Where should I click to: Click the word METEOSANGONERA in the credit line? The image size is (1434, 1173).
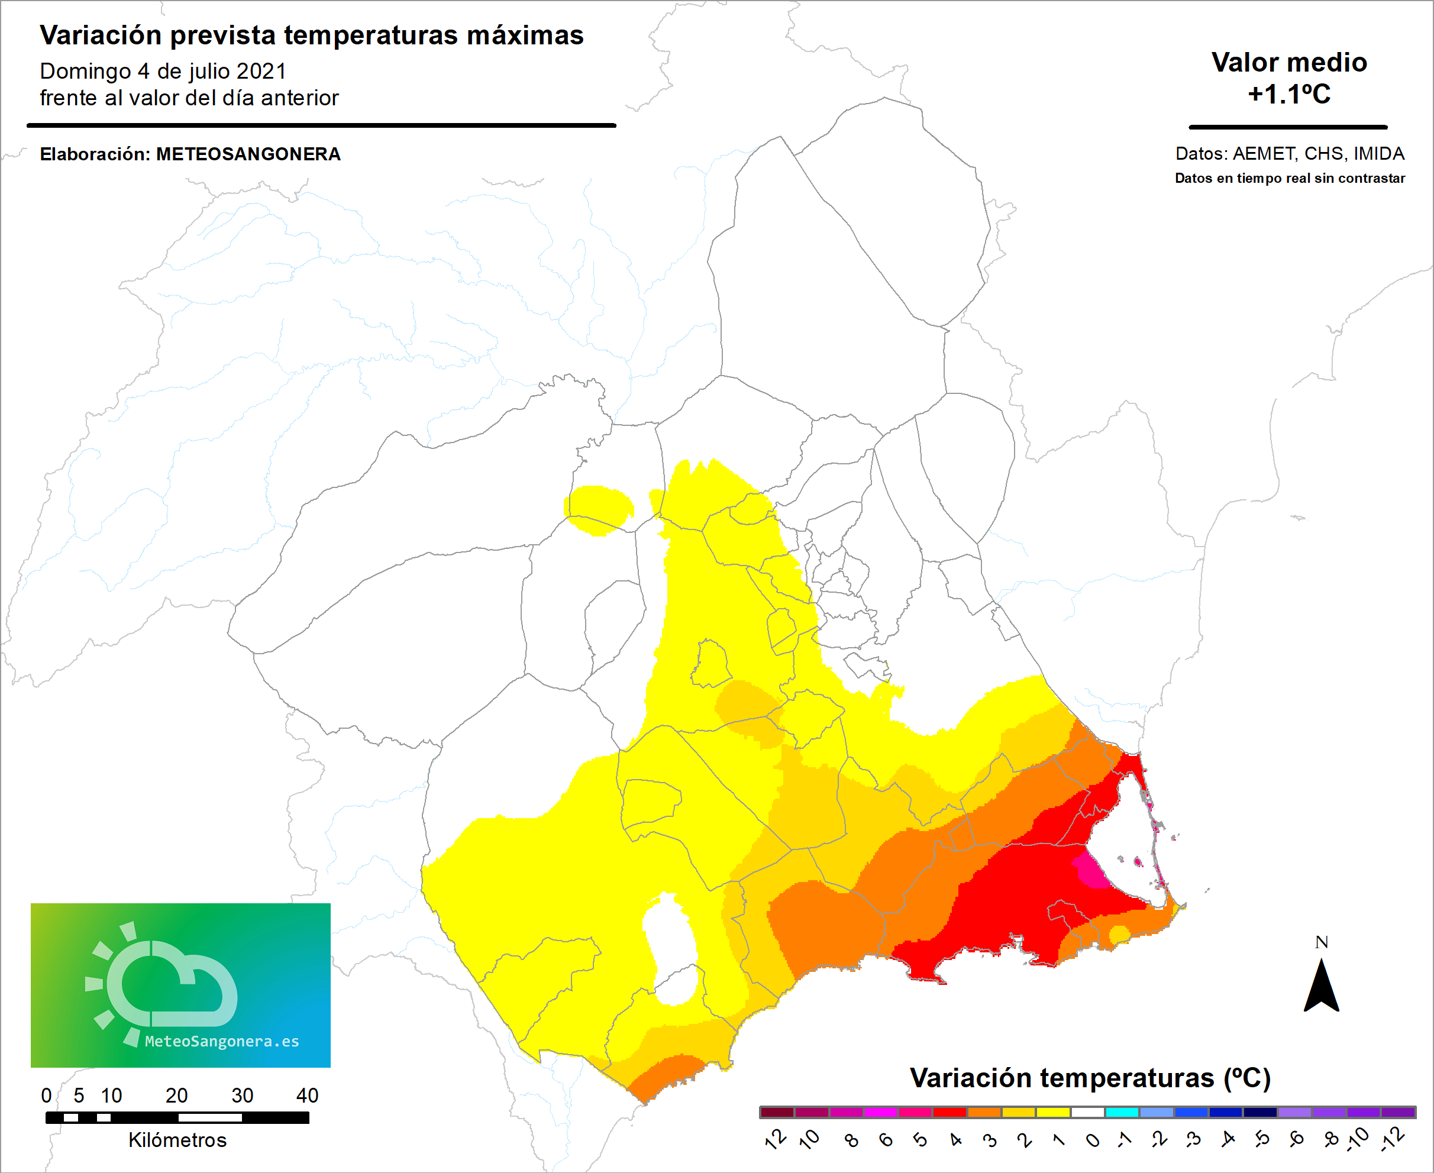tap(248, 154)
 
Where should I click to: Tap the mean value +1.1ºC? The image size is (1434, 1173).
tap(1288, 94)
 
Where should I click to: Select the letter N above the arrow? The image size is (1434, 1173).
tap(1322, 942)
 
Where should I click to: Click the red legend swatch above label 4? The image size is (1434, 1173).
tap(949, 1112)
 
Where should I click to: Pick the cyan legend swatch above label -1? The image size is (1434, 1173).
tap(1122, 1112)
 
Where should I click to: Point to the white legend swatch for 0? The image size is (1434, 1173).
tap(1087, 1112)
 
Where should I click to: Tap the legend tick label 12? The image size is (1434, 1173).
tap(776, 1139)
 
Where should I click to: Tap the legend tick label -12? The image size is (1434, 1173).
tap(1393, 1139)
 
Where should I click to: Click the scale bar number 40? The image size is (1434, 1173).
tap(307, 1096)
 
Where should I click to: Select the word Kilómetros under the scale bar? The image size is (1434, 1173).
tap(177, 1140)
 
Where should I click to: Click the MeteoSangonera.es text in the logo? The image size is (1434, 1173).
tap(222, 1041)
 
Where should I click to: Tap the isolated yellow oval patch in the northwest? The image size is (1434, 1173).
tap(598, 509)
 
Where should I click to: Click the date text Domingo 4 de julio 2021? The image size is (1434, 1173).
tap(163, 71)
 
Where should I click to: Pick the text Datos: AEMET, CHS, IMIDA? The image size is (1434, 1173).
tap(1290, 153)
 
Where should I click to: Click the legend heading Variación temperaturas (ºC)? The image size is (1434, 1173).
tap(1089, 1078)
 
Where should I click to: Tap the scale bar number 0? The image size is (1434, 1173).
tap(46, 1096)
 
